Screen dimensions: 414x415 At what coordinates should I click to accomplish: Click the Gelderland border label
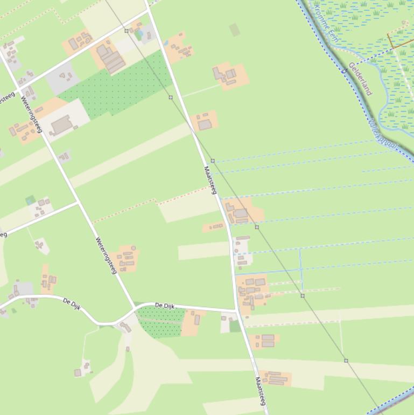tap(360, 79)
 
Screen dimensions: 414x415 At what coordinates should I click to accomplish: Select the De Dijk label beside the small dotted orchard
tap(166, 306)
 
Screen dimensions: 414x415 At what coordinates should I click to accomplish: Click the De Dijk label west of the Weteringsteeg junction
tap(72, 304)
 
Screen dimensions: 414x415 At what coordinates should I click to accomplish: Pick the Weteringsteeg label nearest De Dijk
tap(106, 255)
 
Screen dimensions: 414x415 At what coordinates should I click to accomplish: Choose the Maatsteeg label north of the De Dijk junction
tap(210, 180)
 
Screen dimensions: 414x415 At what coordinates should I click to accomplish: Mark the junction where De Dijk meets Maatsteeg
tap(236, 311)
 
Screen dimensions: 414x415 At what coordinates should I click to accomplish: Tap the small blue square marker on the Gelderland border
tap(343, 71)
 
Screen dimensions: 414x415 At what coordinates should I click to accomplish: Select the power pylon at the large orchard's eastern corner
tap(171, 98)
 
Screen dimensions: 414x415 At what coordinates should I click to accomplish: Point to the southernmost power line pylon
tap(346, 361)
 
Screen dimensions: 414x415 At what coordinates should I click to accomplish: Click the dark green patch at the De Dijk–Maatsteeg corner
tap(235, 326)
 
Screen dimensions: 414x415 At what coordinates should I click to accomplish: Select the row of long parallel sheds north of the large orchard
tap(110, 58)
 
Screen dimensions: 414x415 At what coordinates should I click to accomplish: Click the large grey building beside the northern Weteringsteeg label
tap(62, 124)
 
